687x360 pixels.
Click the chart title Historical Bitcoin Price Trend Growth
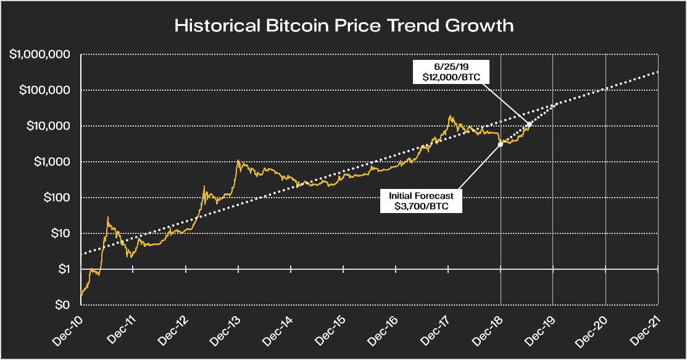click(x=344, y=26)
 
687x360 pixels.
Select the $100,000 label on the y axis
click(x=46, y=90)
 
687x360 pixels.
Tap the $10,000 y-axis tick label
click(x=49, y=126)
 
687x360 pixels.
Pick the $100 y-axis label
click(x=57, y=198)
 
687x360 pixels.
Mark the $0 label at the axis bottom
click(x=62, y=305)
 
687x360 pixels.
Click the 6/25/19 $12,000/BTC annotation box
click(x=450, y=72)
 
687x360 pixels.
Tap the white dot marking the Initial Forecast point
click(x=500, y=144)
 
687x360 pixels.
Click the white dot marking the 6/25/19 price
click(x=529, y=124)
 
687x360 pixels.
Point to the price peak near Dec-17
click(x=450, y=116)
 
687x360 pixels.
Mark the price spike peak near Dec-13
click(x=238, y=161)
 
